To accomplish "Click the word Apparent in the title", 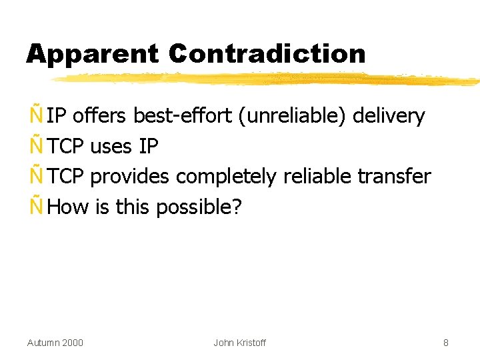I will click(x=93, y=54).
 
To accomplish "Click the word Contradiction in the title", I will click(x=267, y=54).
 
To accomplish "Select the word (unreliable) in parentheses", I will click(x=290, y=116).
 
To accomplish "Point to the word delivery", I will click(x=389, y=116).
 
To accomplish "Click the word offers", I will click(x=99, y=116).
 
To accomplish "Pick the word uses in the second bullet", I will click(x=111, y=146).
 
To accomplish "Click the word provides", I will click(x=130, y=177).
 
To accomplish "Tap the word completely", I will click(x=227, y=177).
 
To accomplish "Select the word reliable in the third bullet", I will click(x=318, y=177).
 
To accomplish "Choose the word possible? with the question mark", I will click(x=199, y=207).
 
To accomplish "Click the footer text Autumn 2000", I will click(x=55, y=343).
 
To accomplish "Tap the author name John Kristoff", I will click(x=239, y=343).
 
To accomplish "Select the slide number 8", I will click(x=446, y=343).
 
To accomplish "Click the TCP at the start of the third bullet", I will click(x=66, y=177).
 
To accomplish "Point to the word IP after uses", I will click(x=149, y=146).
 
